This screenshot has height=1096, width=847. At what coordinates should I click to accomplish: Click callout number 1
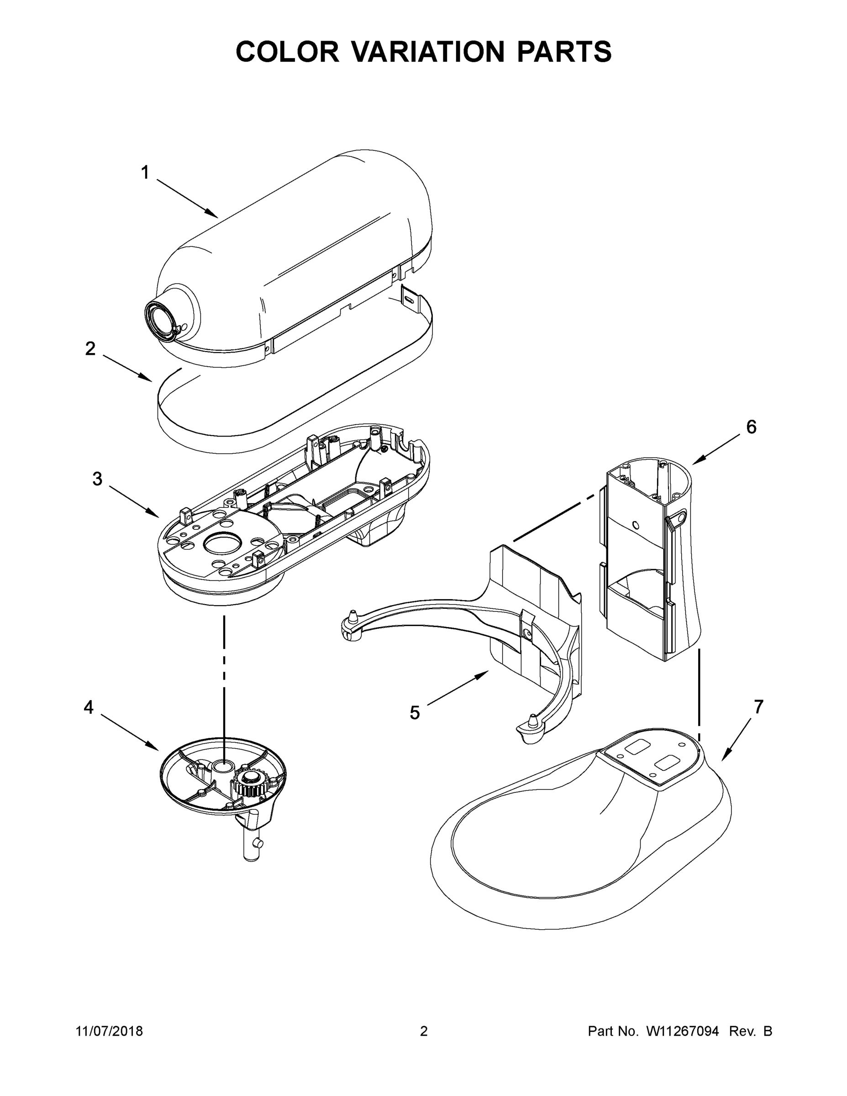click(x=144, y=173)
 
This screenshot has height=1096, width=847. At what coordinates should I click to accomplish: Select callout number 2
click(x=90, y=348)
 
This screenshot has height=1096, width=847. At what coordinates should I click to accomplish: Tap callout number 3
click(x=97, y=479)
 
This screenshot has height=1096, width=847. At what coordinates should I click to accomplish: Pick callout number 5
click(x=415, y=712)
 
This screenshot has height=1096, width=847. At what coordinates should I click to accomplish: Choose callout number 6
click(x=751, y=427)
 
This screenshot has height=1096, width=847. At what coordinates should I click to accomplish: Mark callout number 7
click(x=758, y=706)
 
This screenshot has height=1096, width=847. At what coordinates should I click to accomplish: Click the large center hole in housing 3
click(x=223, y=543)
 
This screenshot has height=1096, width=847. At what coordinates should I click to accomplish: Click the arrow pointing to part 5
click(x=458, y=690)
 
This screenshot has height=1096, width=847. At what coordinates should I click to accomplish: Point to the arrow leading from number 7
click(x=737, y=739)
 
